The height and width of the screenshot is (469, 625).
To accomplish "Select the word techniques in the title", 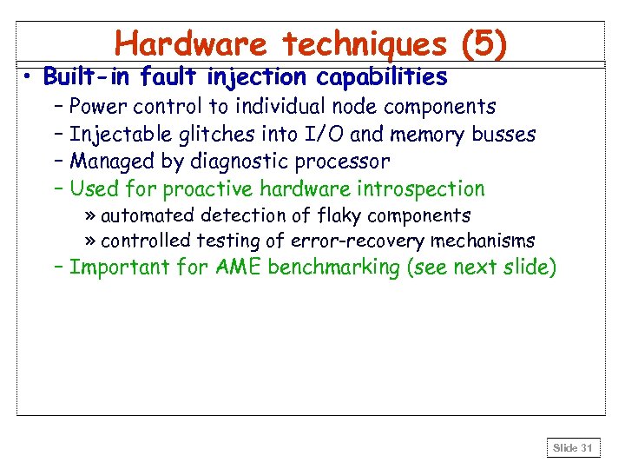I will (357, 43).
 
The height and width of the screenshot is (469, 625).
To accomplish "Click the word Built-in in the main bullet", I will (84, 77).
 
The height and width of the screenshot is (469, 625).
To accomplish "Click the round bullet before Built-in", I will (29, 77).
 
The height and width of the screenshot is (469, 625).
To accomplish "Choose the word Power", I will (97, 107).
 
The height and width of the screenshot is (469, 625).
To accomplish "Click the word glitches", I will (197, 135).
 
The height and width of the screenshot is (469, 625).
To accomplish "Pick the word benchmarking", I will (333, 267).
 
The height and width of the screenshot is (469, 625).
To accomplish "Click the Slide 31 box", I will (572, 448).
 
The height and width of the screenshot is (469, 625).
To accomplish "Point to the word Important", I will (120, 267).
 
